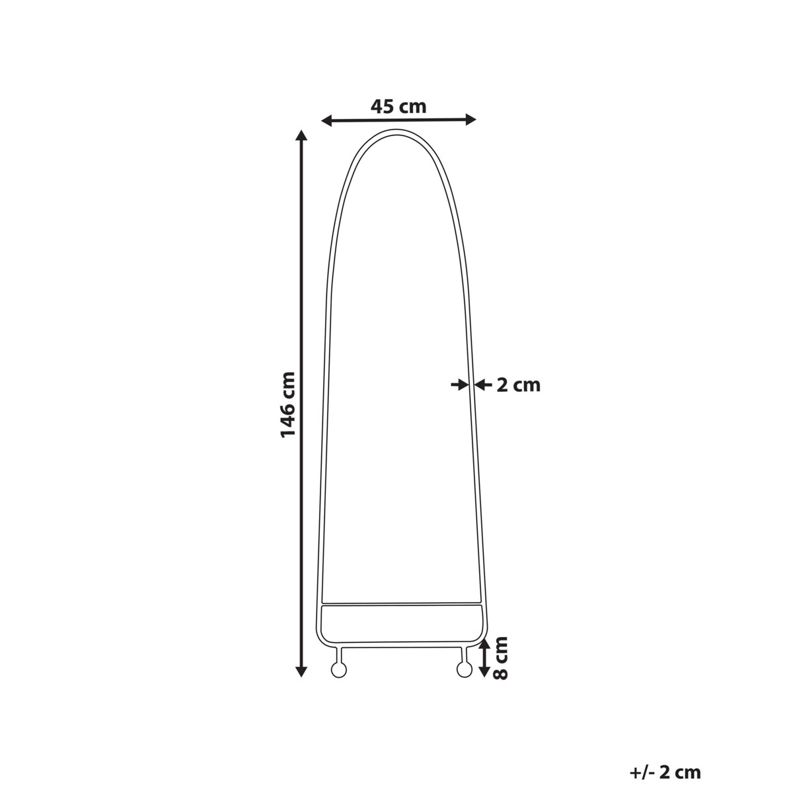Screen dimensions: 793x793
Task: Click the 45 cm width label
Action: point(398,106)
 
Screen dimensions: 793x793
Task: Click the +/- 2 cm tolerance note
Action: point(665,772)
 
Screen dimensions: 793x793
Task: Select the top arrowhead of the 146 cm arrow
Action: point(301,136)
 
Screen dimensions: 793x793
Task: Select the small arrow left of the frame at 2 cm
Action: point(458,384)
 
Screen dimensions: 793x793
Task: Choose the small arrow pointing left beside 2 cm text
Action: point(480,384)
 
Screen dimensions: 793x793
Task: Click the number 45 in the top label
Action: point(383,106)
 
